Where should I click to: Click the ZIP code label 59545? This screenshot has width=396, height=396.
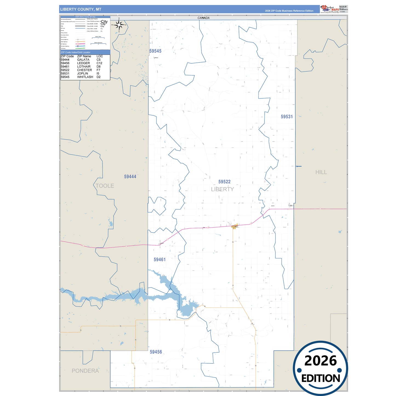click(155, 51)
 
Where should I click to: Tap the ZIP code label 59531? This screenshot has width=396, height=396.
click(287, 117)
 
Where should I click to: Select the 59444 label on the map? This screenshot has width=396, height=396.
click(130, 177)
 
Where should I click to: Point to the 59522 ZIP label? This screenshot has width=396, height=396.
click(224, 182)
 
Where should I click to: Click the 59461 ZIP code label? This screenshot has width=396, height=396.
click(159, 260)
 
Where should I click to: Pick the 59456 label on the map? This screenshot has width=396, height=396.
click(156, 352)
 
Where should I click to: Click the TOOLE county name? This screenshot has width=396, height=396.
click(105, 186)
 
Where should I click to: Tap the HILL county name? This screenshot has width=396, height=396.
click(321, 172)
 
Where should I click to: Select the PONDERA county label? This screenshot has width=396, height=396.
click(85, 371)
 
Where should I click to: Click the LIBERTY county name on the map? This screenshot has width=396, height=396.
click(222, 189)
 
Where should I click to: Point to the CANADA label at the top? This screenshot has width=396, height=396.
click(203, 18)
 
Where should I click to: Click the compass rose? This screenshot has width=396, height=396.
click(119, 25)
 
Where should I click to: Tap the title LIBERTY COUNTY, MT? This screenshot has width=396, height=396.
click(81, 9)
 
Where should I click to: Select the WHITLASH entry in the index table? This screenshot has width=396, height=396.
click(85, 77)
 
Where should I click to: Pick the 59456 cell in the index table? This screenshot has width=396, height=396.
click(65, 63)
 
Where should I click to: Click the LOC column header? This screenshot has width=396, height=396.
click(99, 56)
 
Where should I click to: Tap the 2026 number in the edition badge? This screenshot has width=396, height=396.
click(320, 361)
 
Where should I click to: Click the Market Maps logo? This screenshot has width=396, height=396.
click(329, 9)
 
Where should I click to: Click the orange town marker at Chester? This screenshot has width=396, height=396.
click(235, 226)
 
